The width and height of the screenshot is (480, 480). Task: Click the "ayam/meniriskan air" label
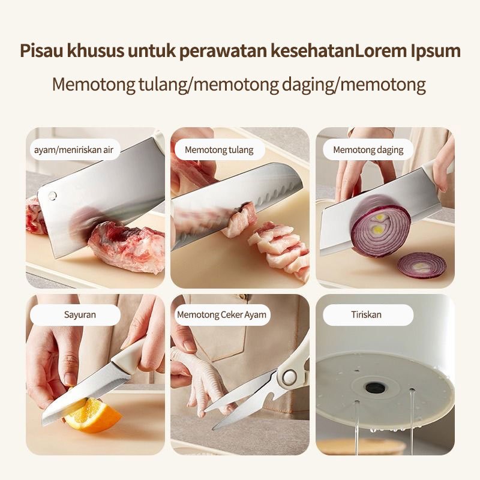point(73,149)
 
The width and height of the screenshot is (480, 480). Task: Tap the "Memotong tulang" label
point(219,149)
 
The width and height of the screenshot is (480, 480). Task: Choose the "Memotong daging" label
point(368,149)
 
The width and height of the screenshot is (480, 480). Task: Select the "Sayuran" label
point(80,314)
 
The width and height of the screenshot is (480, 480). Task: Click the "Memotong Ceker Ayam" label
point(221,314)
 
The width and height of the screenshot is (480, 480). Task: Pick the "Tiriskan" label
point(367,314)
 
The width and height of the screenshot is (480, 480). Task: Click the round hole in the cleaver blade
point(52,196)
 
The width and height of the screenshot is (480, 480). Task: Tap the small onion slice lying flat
point(422,265)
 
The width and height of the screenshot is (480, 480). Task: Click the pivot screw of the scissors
point(289,377)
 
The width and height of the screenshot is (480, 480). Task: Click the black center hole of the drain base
point(376,388)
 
